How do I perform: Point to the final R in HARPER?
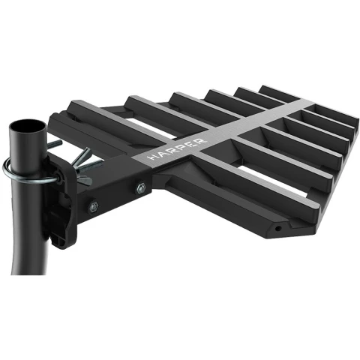tap(202, 140)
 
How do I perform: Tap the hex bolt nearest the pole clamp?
tap(94, 206)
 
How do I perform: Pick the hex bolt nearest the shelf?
tap(141, 187)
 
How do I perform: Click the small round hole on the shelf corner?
tap(277, 228)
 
